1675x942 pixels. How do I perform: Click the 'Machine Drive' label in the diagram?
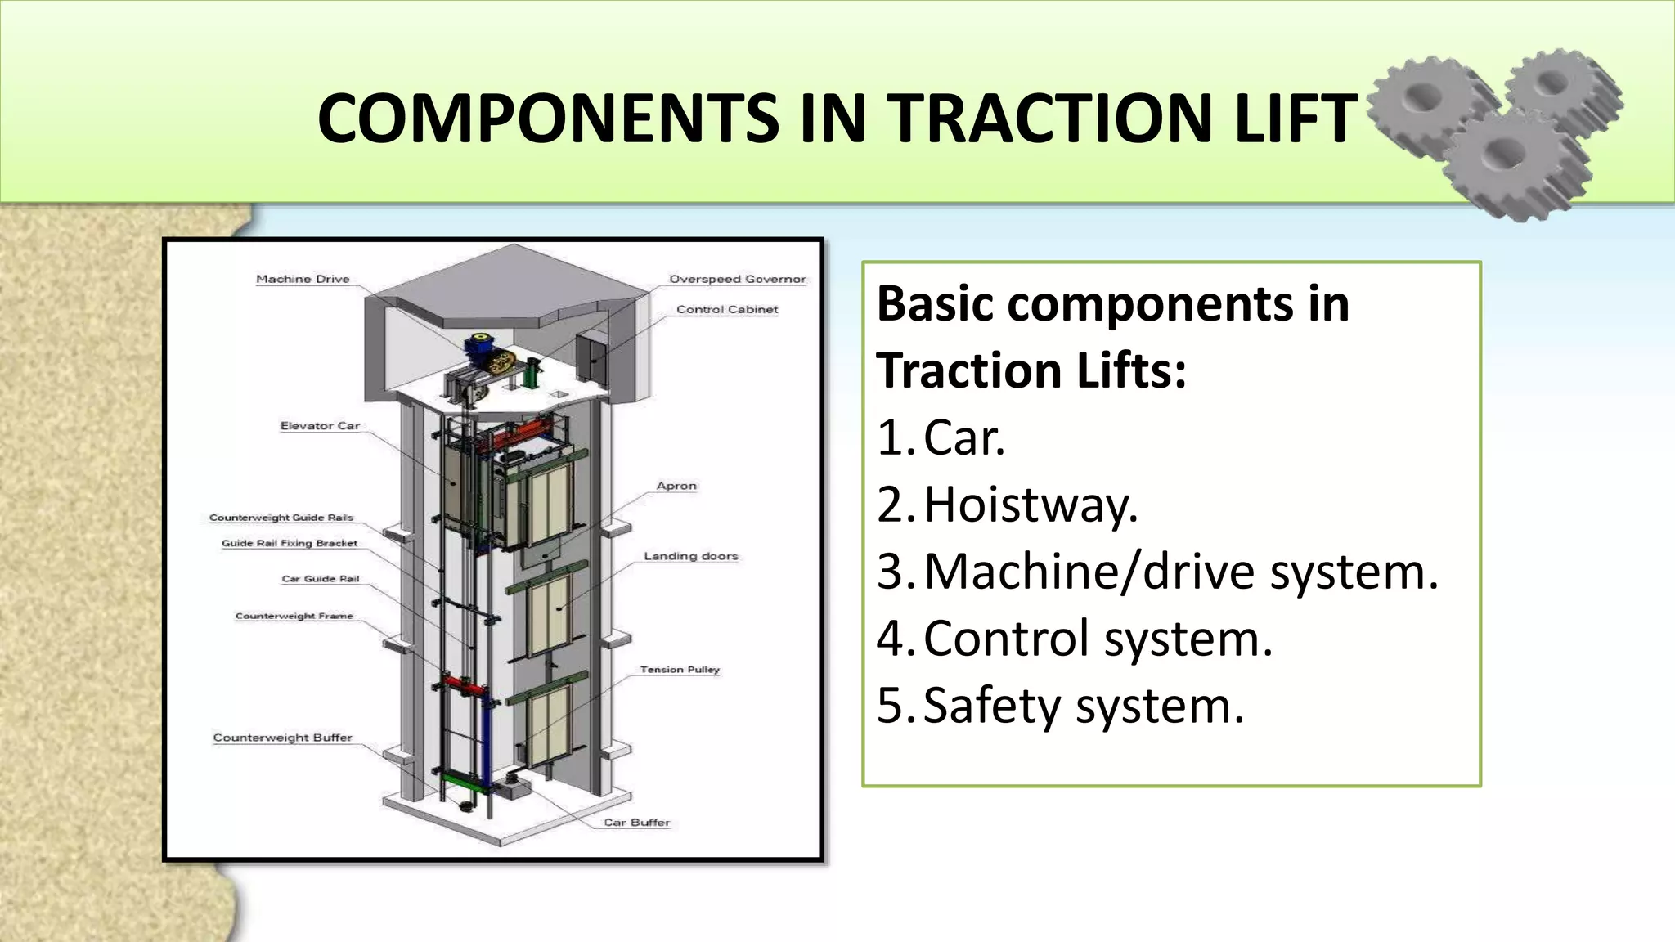(x=303, y=280)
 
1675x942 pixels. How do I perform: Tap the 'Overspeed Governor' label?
(x=737, y=280)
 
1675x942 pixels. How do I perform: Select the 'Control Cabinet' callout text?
(x=727, y=310)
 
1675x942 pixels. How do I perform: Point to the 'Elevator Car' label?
(x=320, y=426)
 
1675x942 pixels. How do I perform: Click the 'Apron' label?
(x=676, y=486)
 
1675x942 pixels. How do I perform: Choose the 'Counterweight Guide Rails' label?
(x=281, y=518)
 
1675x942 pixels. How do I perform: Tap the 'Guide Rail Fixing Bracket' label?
(x=290, y=543)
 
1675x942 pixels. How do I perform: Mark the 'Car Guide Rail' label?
(x=321, y=579)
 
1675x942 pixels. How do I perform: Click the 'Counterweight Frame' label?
(x=294, y=617)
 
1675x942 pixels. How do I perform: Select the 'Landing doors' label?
(x=690, y=556)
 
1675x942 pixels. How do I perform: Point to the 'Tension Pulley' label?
(x=680, y=670)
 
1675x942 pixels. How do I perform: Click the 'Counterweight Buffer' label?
(x=282, y=738)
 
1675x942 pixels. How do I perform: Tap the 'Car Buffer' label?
(x=636, y=823)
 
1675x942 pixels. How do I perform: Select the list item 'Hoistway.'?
(x=1031, y=505)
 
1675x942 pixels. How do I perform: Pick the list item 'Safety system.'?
(x=1083, y=706)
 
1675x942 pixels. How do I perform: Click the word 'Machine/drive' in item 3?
(x=1089, y=572)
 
